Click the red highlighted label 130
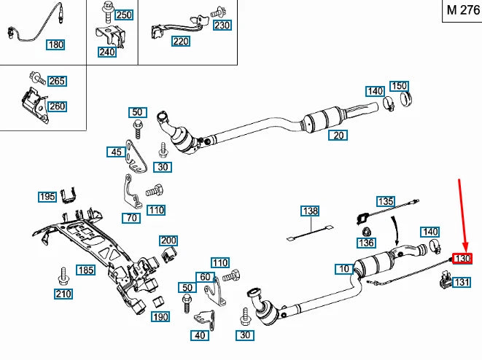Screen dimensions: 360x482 (463, 258)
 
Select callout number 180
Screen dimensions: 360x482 (55, 44)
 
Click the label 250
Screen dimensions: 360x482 (123, 15)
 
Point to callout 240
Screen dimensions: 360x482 (106, 52)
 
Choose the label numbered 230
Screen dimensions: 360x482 (222, 25)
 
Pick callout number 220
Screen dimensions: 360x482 (180, 42)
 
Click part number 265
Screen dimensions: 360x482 (57, 81)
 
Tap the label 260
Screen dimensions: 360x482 (57, 106)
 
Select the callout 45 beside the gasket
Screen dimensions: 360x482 (115, 152)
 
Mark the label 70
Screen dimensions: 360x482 (131, 217)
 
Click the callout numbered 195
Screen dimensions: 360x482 (47, 197)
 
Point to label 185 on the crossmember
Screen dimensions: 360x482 (86, 270)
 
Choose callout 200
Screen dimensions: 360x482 (168, 240)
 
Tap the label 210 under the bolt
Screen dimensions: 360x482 (63, 294)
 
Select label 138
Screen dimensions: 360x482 (311, 211)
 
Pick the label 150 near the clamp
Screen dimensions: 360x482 (400, 86)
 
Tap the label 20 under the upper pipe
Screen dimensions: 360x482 (337, 136)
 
